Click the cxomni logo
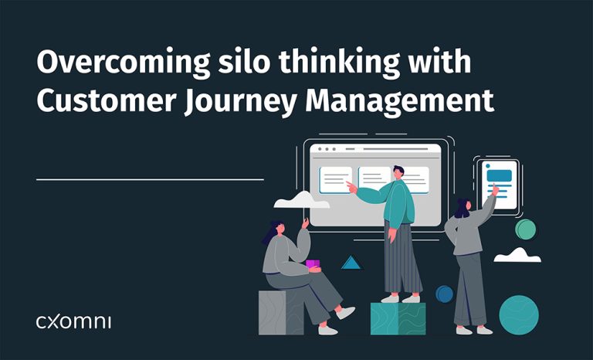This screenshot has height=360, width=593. point(73,321)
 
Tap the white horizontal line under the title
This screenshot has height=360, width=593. point(150,179)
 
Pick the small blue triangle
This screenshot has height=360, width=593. point(351,263)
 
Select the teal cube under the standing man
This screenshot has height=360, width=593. point(398,318)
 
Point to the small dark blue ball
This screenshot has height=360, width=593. point(444,294)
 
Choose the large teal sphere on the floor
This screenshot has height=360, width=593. point(518,313)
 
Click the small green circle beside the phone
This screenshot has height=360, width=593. point(526,229)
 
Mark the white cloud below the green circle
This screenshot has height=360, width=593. point(517,255)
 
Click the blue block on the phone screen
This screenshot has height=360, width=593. point(499,174)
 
